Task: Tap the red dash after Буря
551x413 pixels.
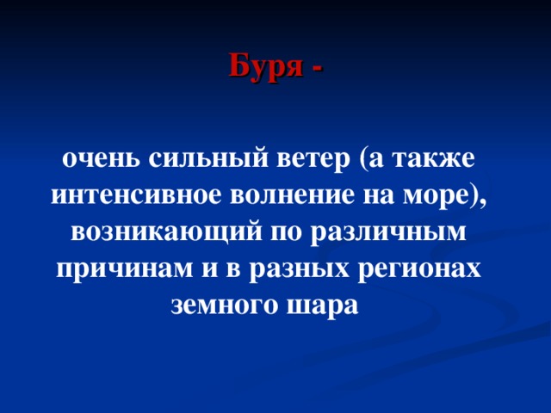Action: point(318,67)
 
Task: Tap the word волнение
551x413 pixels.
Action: point(288,195)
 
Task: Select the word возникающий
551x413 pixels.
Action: point(164,232)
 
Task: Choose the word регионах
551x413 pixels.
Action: point(419,269)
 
